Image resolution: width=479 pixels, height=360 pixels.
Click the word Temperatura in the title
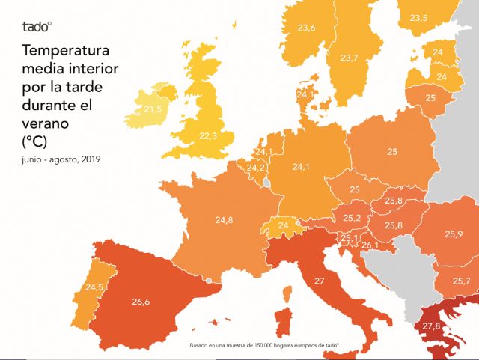click(x=66, y=52)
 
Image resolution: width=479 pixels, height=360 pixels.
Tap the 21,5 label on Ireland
click(x=153, y=110)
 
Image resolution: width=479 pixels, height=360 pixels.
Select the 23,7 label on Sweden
click(x=350, y=58)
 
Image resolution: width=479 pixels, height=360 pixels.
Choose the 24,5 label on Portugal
click(x=94, y=287)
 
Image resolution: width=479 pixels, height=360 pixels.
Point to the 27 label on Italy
click(x=319, y=281)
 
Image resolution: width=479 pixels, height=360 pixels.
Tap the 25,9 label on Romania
click(x=454, y=234)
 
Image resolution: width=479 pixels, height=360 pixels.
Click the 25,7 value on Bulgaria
click(x=462, y=281)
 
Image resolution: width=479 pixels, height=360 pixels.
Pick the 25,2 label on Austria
click(x=353, y=218)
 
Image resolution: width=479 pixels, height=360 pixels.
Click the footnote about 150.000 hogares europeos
click(x=264, y=345)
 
